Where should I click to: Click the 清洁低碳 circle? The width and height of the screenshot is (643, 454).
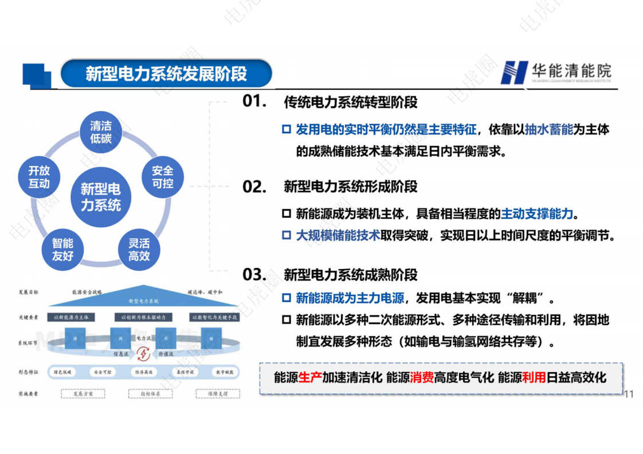pos(101,132)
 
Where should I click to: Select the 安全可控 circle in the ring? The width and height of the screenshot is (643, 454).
pos(163,177)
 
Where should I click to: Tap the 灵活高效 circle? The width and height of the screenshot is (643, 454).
pos(139,250)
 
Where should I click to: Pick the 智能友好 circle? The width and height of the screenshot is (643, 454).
pos(63,250)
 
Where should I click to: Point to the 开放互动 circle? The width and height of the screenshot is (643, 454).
pos(40,177)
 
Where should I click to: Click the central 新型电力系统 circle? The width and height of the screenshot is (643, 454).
pos(101,197)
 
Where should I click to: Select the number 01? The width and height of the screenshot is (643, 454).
pos(254,101)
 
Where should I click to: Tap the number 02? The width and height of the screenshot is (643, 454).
pos(254,187)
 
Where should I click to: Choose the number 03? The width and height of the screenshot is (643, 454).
pos(254,274)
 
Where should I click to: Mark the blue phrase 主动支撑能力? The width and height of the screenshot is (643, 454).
pos(536,214)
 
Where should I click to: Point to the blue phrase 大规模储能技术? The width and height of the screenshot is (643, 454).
pos(338,235)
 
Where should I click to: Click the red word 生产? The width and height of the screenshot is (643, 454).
pos(309,378)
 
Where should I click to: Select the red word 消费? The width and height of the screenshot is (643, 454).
pos(421,378)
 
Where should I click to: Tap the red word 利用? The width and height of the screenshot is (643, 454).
pos(534,378)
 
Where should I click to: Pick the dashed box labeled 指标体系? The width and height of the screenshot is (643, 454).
pos(151,394)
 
